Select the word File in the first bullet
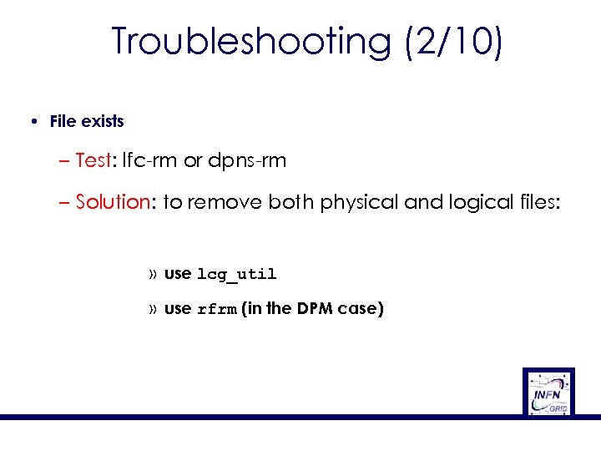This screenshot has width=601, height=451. click(x=62, y=121)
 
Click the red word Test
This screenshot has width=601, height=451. click(x=92, y=160)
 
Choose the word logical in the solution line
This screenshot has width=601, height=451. click(x=470, y=202)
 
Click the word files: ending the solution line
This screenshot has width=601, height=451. click(x=531, y=202)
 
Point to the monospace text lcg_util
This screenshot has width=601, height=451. click(x=236, y=275)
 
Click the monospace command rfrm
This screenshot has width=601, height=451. click(x=217, y=310)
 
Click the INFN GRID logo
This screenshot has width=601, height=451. click(x=548, y=392)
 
